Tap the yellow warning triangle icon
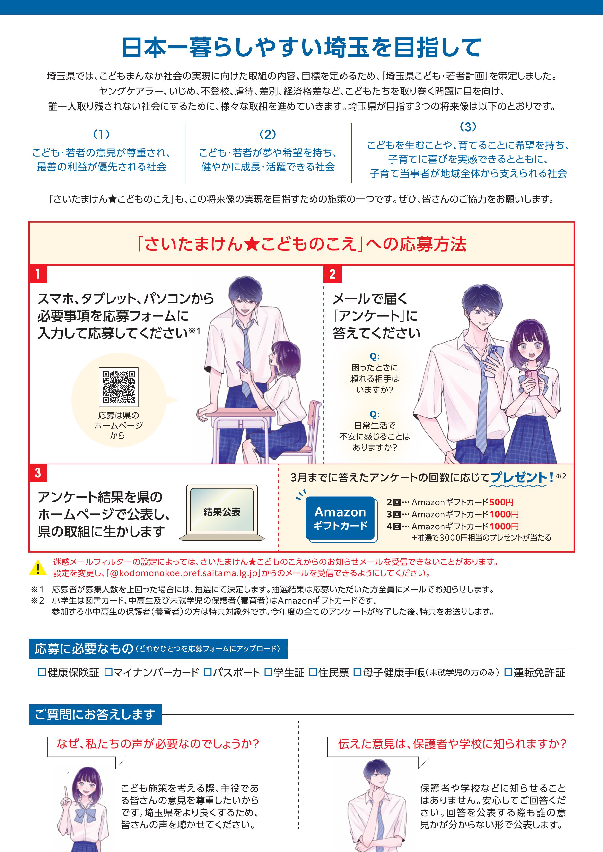[x=37, y=569]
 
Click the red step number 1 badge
[x=38, y=274]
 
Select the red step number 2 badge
[x=333, y=274]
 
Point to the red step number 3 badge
[x=38, y=473]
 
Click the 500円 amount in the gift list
[x=501, y=502]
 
